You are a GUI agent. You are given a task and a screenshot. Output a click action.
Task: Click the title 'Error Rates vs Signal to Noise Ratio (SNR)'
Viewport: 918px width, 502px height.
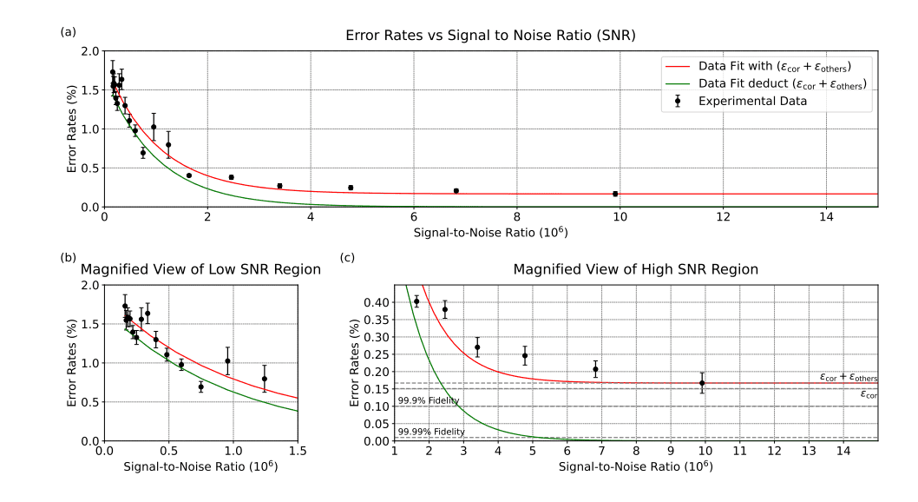(489, 36)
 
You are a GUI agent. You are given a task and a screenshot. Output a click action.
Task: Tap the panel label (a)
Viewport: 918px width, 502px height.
(67, 31)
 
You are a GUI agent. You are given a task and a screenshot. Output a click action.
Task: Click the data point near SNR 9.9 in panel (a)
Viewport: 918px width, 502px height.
(615, 194)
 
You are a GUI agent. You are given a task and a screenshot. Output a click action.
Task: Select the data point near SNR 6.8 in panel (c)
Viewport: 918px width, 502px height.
(595, 369)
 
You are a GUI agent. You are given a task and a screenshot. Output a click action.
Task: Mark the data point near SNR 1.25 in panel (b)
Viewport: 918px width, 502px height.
(265, 379)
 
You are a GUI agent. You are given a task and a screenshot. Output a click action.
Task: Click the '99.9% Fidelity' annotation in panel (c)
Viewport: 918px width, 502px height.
(429, 400)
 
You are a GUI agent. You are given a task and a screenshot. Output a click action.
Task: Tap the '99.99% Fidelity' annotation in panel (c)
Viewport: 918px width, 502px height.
(431, 432)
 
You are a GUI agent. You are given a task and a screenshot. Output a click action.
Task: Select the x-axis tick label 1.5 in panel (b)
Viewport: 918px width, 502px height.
(297, 452)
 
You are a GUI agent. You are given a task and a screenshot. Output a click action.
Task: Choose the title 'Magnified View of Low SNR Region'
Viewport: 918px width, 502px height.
(200, 270)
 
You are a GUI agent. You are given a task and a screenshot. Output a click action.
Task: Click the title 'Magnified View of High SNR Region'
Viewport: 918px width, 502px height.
(636, 270)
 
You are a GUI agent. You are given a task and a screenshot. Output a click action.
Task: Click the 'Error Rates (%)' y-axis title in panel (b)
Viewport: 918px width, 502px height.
(71, 363)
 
